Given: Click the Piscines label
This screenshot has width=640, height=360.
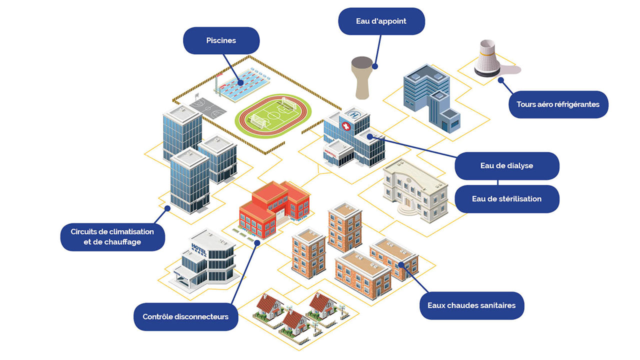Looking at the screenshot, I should (x=221, y=40).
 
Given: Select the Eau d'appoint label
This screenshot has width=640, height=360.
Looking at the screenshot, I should (x=381, y=21).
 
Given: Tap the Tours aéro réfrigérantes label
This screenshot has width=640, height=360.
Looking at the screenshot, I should (x=558, y=104).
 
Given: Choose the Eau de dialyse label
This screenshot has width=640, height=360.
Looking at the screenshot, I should (x=506, y=165).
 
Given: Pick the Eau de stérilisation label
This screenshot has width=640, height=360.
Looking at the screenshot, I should (x=506, y=198).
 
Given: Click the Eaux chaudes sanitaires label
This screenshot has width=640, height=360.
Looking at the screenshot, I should (x=471, y=305).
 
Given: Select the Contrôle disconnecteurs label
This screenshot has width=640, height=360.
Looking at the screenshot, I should (x=185, y=316).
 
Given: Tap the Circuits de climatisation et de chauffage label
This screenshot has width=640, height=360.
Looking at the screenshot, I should (x=112, y=237).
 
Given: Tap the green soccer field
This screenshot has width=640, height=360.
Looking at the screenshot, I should (x=273, y=115).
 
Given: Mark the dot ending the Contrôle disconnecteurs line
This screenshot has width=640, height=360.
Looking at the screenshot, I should (x=257, y=243).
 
